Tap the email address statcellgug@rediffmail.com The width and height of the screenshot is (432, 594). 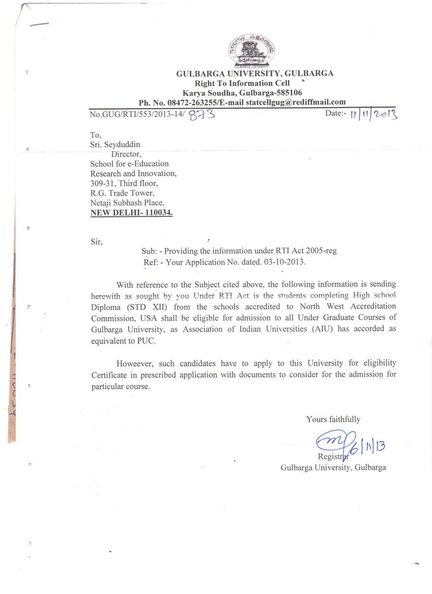(x=296, y=102)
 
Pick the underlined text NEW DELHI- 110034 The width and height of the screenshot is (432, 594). (x=132, y=212)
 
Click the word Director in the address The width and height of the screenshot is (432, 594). (x=126, y=154)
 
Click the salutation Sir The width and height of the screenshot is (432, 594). (x=96, y=242)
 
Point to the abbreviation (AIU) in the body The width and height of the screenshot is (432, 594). (x=318, y=329)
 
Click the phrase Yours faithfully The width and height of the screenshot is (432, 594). (x=333, y=419)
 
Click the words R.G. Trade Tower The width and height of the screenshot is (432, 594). (x=122, y=193)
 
